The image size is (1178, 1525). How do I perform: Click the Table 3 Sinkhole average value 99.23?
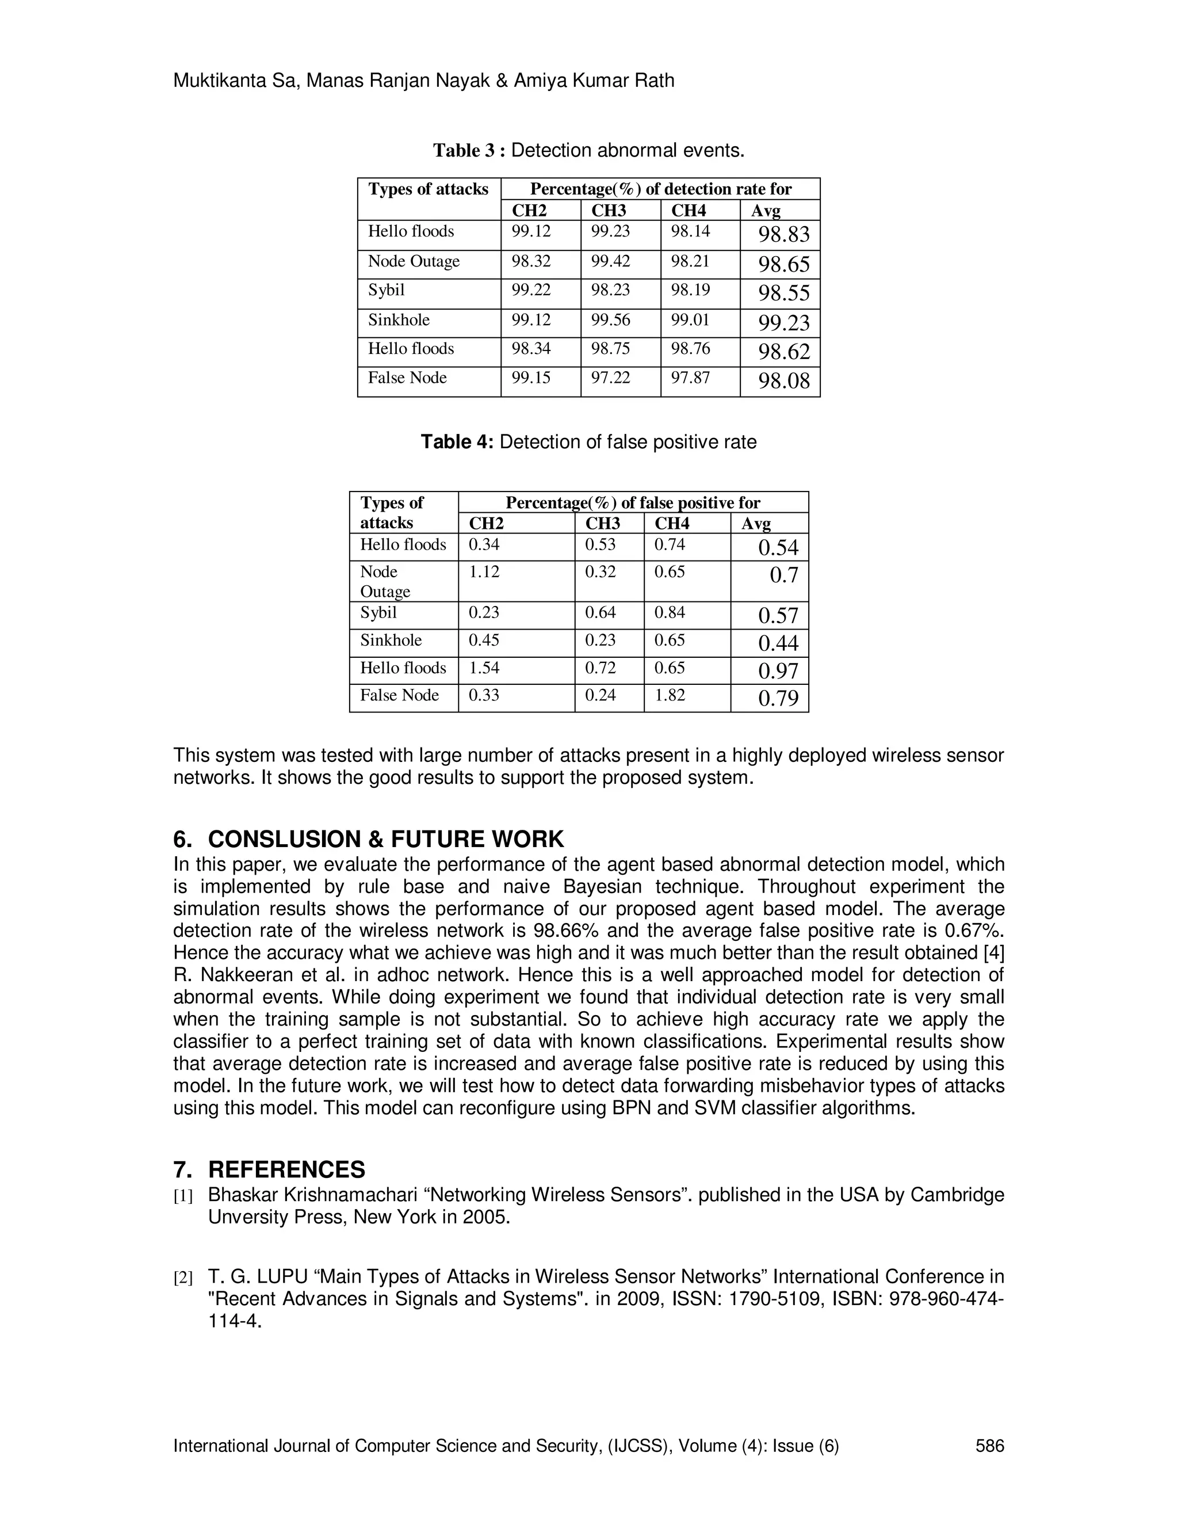[x=784, y=323]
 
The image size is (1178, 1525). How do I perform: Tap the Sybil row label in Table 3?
[x=386, y=290]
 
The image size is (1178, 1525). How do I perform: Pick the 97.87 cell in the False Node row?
[x=690, y=378]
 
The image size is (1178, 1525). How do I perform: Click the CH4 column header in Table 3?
[x=688, y=210]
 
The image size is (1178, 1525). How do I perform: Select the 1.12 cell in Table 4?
[x=484, y=572]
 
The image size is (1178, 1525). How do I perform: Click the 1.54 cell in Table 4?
[x=484, y=668]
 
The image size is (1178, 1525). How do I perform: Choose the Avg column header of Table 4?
[x=755, y=524]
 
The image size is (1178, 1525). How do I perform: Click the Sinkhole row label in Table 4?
[x=391, y=640]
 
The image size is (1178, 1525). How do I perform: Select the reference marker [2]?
[x=183, y=1278]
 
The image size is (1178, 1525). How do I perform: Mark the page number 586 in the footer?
[x=989, y=1446]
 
